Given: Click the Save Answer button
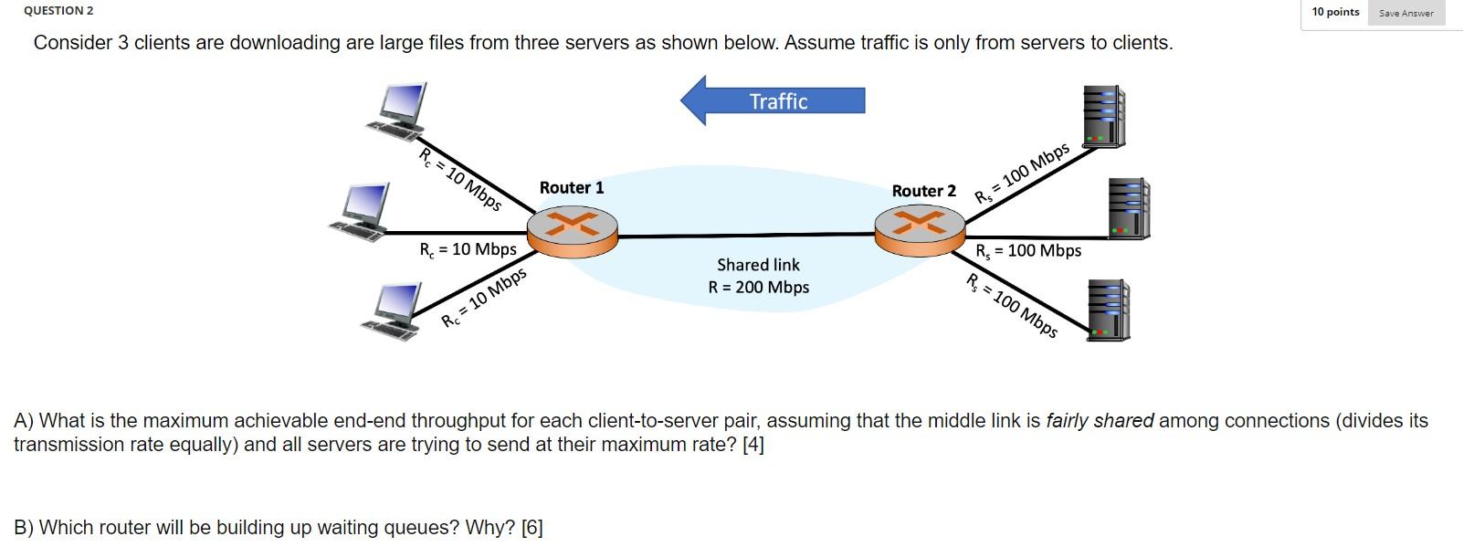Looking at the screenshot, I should [x=1405, y=13].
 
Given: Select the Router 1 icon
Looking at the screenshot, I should [x=574, y=231].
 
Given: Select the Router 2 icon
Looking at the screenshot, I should [x=920, y=230].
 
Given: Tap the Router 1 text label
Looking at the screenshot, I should [x=572, y=187].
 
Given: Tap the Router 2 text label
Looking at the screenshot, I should [x=923, y=191].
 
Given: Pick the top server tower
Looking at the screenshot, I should [x=1103, y=117].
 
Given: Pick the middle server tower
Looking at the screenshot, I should [x=1128, y=208].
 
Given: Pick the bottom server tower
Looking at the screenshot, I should [x=1108, y=310].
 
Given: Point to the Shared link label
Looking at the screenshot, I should [x=758, y=265].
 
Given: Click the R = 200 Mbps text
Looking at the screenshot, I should [x=759, y=288].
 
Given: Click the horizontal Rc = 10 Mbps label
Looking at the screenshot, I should [x=468, y=249].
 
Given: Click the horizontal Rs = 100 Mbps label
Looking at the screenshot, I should [x=1028, y=251].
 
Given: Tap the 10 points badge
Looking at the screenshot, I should [x=1335, y=12].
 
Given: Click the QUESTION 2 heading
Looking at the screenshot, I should [x=58, y=10].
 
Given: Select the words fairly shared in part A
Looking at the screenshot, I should [x=1100, y=421].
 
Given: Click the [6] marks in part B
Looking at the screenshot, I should [x=532, y=528].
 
